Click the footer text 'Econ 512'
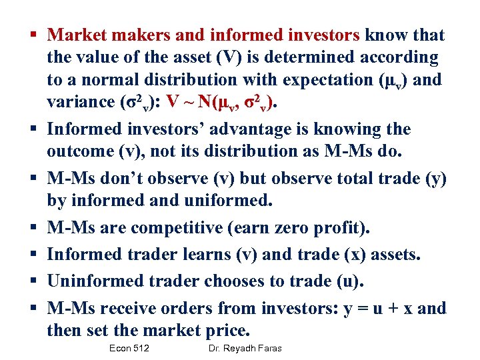[x=130, y=349]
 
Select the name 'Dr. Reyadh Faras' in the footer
[x=245, y=349]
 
